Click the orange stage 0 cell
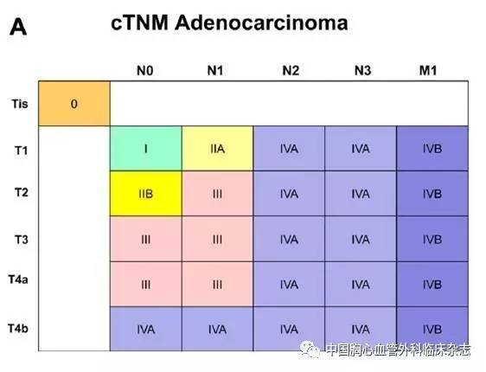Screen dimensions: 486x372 pyautogui.click(x=74, y=104)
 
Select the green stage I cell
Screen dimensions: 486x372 pyautogui.click(x=146, y=149)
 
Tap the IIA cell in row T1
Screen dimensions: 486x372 pyautogui.click(x=217, y=149)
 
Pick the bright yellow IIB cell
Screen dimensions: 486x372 pyautogui.click(x=146, y=194)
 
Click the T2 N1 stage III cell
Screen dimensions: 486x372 pyautogui.click(x=217, y=194)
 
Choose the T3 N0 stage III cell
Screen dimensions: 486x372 pyautogui.click(x=146, y=239)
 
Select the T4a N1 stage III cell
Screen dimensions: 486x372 pyautogui.click(x=217, y=285)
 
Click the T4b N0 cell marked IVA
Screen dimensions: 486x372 pyautogui.click(x=146, y=329)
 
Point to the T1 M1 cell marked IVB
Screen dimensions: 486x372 pyautogui.click(x=432, y=149)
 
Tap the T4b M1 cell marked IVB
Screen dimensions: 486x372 pyautogui.click(x=432, y=329)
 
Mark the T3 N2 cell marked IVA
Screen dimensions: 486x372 pyautogui.click(x=289, y=239)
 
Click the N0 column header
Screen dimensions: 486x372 pyautogui.click(x=145, y=71)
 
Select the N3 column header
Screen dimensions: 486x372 pyautogui.click(x=362, y=71)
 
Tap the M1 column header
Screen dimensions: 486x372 pyautogui.click(x=428, y=71)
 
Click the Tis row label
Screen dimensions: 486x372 pyautogui.click(x=20, y=104)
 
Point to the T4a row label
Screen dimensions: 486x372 pyautogui.click(x=18, y=279)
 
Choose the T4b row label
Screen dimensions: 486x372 pyautogui.click(x=18, y=328)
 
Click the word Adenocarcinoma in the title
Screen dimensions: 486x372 pyautogui.click(x=261, y=23)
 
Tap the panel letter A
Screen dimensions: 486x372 pyautogui.click(x=18, y=28)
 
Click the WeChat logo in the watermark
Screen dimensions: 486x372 pyautogui.click(x=310, y=350)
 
